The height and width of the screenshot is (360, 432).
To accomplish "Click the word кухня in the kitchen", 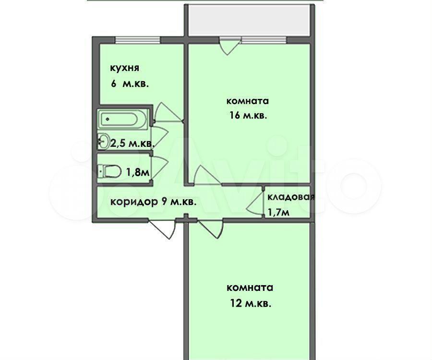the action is (x=124, y=68).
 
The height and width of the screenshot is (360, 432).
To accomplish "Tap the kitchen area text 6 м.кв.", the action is (x=130, y=84).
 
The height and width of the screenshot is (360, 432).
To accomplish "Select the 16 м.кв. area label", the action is (x=248, y=115).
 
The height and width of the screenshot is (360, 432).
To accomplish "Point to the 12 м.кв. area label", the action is (x=251, y=303).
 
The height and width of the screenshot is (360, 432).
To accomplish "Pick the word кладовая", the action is (x=291, y=197).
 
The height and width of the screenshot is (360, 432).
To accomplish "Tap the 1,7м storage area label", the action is (x=278, y=212).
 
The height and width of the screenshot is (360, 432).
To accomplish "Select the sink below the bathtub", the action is (x=103, y=141).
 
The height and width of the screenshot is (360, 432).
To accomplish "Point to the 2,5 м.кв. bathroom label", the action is (x=132, y=144).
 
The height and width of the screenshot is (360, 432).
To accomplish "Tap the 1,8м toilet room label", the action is (x=138, y=172).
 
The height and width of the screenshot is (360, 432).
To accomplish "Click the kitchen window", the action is (x=137, y=40).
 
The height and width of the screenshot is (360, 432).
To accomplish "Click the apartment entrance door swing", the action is (x=162, y=228).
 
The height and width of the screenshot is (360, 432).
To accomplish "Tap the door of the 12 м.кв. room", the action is (x=211, y=228).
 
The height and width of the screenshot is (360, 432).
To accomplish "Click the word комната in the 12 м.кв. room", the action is (x=250, y=288).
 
